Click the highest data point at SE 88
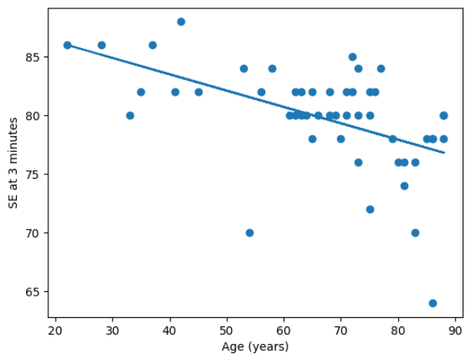click(180, 21)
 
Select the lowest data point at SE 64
click(433, 303)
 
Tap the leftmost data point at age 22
click(67, 45)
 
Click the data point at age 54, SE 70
click(249, 232)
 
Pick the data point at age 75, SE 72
click(370, 209)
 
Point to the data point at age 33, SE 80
click(130, 115)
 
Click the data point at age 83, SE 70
click(415, 232)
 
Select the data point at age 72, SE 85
click(352, 57)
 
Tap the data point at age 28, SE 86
click(102, 45)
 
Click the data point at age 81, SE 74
click(404, 186)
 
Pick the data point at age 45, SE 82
click(199, 92)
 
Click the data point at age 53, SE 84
click(244, 69)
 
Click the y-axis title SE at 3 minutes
click(13, 163)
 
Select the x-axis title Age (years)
click(255, 347)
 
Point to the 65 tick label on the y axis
click(33, 291)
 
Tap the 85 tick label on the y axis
click(33, 57)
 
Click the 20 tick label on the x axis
click(56, 331)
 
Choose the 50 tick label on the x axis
click(227, 331)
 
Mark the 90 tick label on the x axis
click(456, 331)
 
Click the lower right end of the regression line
click(444, 153)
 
